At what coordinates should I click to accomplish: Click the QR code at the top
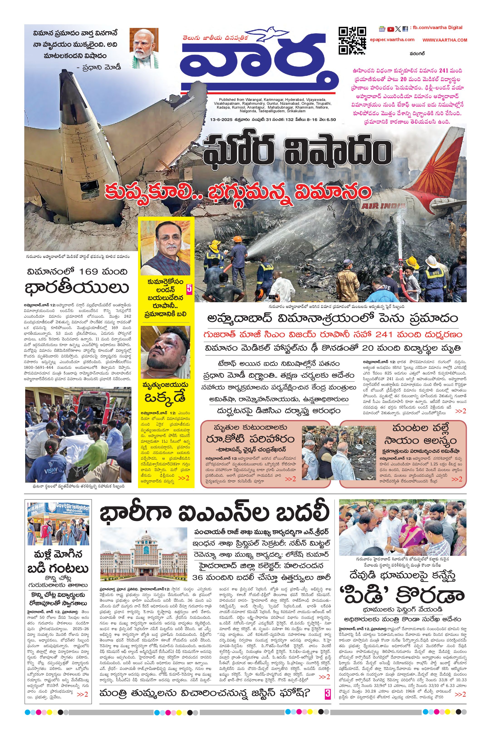tap(352, 41)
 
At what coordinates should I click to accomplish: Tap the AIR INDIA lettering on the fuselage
tap(384, 206)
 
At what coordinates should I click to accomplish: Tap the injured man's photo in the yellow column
tap(165, 352)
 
